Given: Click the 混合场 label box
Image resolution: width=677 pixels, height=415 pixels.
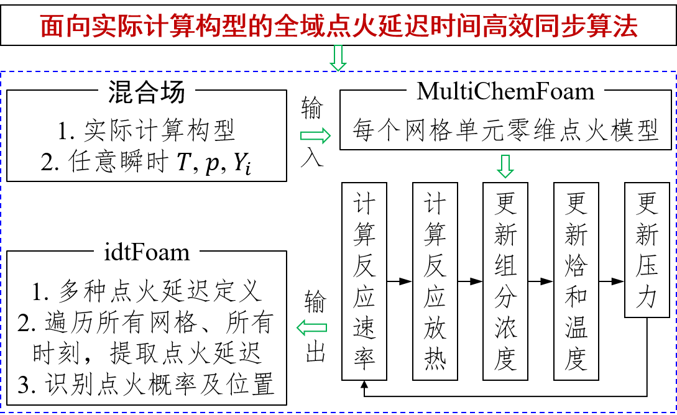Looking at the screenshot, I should (x=147, y=91).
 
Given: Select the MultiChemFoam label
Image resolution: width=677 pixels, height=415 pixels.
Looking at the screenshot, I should (x=505, y=91).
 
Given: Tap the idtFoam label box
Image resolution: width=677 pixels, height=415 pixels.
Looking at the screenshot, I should (x=147, y=251).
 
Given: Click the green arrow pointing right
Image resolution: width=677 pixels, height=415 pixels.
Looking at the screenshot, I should (x=315, y=135).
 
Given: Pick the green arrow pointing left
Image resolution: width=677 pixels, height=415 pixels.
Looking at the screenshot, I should (x=311, y=327).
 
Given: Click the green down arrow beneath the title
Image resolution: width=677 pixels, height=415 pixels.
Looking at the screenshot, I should (x=338, y=58).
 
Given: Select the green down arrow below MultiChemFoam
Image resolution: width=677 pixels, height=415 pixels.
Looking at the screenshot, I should (x=505, y=166).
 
